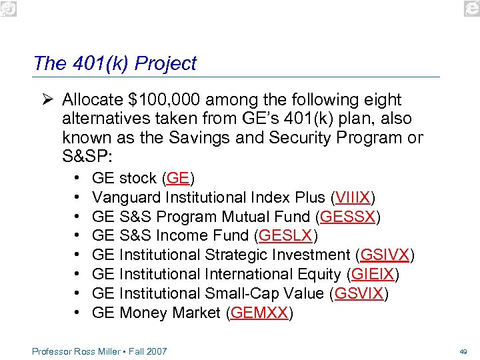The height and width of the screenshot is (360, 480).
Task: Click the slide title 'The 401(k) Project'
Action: tap(115, 63)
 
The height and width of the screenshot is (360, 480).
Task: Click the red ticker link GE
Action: tap(178, 179)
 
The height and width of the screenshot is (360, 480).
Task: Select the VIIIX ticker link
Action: tap(353, 198)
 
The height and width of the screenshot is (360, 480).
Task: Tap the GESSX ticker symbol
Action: tap(349, 217)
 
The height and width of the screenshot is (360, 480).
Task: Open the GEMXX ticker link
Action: tap(260, 313)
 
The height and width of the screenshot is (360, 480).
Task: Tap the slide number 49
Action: tap(463, 351)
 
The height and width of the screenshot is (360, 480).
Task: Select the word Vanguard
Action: tap(125, 198)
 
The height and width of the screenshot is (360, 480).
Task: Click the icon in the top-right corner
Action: tap(471, 7)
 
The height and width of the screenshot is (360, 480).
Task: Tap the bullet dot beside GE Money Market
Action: tap(79, 313)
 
